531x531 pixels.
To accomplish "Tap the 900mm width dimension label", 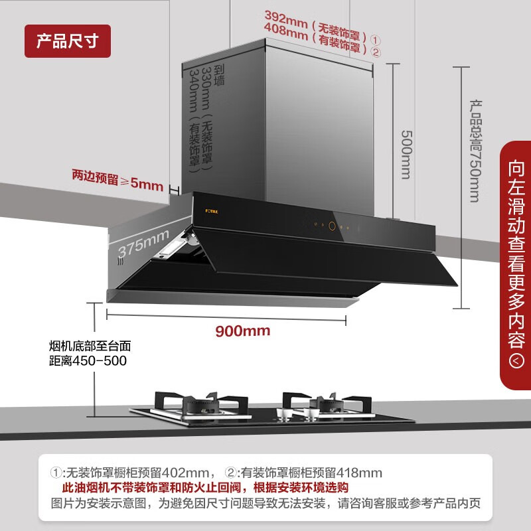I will tap(242, 330).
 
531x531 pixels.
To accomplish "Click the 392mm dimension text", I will tap(286, 16).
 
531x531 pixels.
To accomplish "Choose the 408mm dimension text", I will tap(286, 30).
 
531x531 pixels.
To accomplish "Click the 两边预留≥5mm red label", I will tap(117, 179).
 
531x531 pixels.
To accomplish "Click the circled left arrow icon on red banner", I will tap(515, 360).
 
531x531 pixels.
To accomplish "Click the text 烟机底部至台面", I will tap(90, 346).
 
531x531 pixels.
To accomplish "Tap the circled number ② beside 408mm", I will tap(375, 52).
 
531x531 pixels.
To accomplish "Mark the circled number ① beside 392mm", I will tap(375, 39).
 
